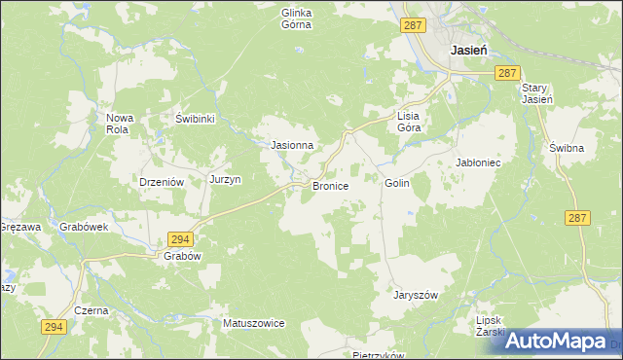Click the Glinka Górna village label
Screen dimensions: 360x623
(x=296, y=19)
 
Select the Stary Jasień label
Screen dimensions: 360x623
(x=534, y=92)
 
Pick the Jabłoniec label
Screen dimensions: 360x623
(x=478, y=162)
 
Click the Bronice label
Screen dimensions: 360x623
(x=330, y=185)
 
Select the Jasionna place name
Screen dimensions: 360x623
(x=291, y=146)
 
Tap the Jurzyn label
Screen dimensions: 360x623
(x=225, y=179)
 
